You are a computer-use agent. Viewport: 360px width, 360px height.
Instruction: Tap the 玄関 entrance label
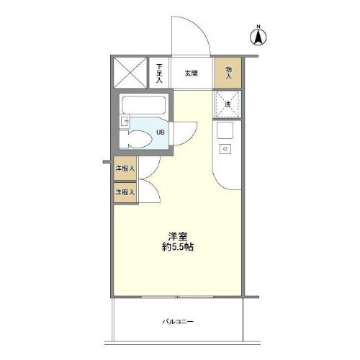(191, 73)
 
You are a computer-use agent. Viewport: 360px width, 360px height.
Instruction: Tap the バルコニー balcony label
(178, 322)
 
